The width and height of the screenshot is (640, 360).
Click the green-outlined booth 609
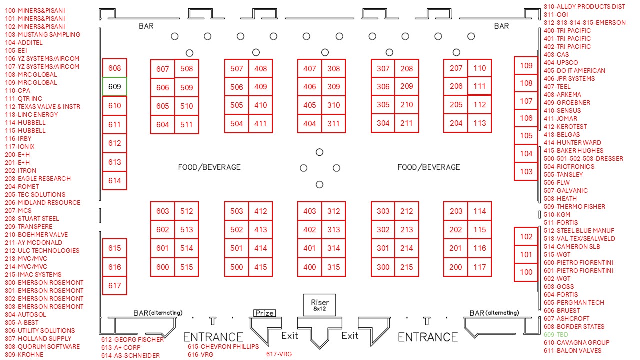[x=115, y=87]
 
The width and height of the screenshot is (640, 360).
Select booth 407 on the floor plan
[x=310, y=69]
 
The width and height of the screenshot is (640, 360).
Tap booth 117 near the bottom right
[x=480, y=267]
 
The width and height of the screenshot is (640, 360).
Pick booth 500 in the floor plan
[x=237, y=267]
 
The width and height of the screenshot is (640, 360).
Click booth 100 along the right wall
[x=526, y=272]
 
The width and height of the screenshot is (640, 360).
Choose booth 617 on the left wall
[x=115, y=286]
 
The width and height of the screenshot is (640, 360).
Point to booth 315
[x=333, y=267]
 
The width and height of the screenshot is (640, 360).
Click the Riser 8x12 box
[x=320, y=305]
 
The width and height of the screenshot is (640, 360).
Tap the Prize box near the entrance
[x=264, y=313]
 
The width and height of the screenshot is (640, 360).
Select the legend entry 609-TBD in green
[x=556, y=334]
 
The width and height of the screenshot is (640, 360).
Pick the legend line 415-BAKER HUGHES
[x=573, y=150]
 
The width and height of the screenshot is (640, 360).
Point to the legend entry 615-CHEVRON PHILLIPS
[x=223, y=346]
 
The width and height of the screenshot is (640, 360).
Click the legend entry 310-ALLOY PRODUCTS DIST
[x=584, y=6]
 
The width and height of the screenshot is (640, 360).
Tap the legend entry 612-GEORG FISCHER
[x=132, y=340]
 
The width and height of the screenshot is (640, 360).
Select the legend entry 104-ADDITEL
[x=23, y=42]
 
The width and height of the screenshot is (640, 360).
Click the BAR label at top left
[x=146, y=26]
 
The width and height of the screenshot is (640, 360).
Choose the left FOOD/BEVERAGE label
[x=209, y=167]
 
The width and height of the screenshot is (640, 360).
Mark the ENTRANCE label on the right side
[x=428, y=337]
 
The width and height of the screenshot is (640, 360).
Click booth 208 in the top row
[x=407, y=69]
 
